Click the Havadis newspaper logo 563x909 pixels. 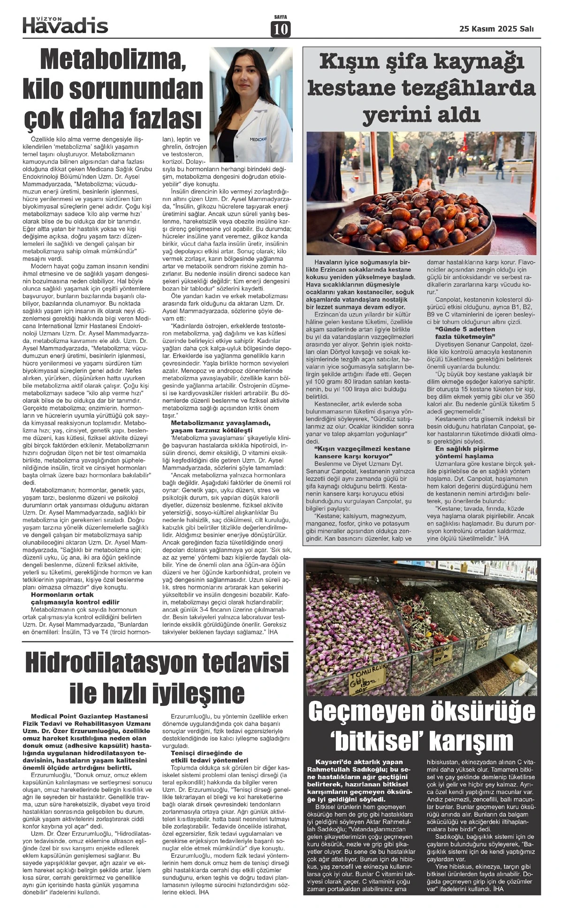click(65, 25)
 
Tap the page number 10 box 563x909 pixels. click(281, 29)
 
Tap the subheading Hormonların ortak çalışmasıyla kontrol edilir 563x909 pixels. click(75, 598)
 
